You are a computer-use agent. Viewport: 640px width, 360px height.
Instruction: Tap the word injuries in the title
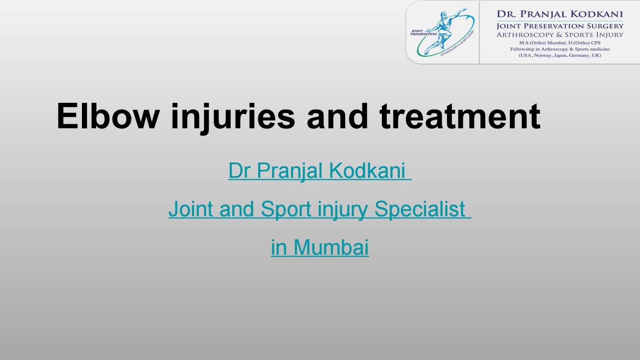233,118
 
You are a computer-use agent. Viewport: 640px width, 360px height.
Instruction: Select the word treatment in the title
460,116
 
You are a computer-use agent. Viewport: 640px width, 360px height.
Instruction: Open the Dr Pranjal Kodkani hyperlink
320,171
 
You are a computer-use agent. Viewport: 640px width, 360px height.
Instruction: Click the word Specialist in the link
420,209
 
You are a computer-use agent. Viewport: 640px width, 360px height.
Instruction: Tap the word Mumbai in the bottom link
331,247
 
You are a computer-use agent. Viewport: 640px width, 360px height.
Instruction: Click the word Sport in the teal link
286,209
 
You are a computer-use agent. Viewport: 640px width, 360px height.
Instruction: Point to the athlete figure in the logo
442,32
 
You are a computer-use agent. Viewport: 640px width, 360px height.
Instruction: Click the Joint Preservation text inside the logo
423,32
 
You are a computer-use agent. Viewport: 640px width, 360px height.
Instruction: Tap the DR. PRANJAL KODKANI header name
560,14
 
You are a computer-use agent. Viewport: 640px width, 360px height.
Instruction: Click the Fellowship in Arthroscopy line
560,49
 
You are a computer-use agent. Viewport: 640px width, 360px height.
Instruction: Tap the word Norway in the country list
543,55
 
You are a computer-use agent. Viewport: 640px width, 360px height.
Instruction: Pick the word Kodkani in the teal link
367,171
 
